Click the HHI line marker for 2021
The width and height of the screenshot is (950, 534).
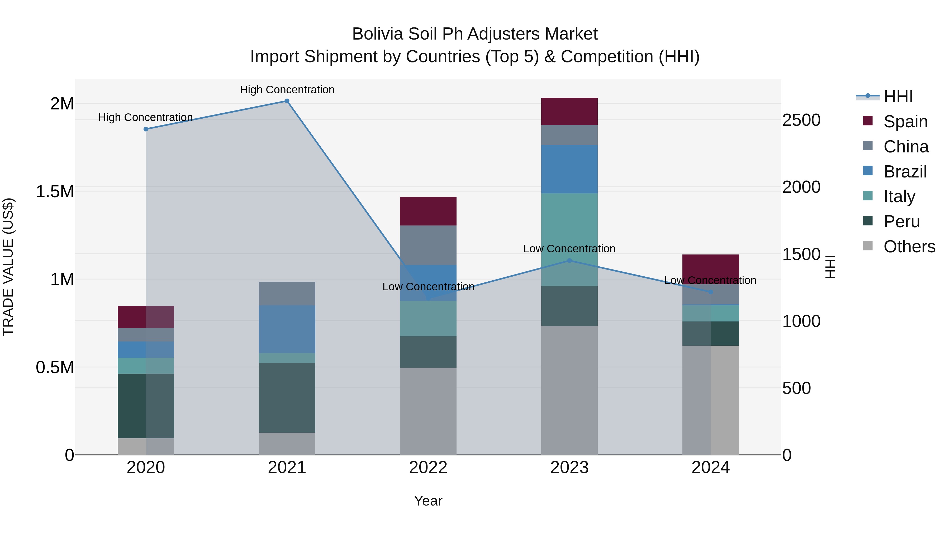[x=287, y=101]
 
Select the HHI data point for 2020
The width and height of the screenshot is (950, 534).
[x=146, y=129]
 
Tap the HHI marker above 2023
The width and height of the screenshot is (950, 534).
[x=569, y=261]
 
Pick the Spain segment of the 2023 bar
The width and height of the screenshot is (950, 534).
[x=569, y=111]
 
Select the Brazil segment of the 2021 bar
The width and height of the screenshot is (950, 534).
[x=287, y=329]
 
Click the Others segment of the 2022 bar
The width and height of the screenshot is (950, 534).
[x=428, y=411]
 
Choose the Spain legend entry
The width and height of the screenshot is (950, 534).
[x=905, y=122]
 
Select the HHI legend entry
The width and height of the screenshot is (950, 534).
[x=898, y=97]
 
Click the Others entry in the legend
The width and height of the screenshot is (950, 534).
[x=909, y=247]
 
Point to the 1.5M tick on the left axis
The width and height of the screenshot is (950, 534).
[x=55, y=192]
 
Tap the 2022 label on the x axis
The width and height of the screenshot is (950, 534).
[x=428, y=468]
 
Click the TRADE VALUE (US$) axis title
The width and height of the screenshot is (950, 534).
[x=8, y=267]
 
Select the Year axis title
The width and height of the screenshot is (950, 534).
[x=428, y=501]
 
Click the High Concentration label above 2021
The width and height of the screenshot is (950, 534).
[x=287, y=90]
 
